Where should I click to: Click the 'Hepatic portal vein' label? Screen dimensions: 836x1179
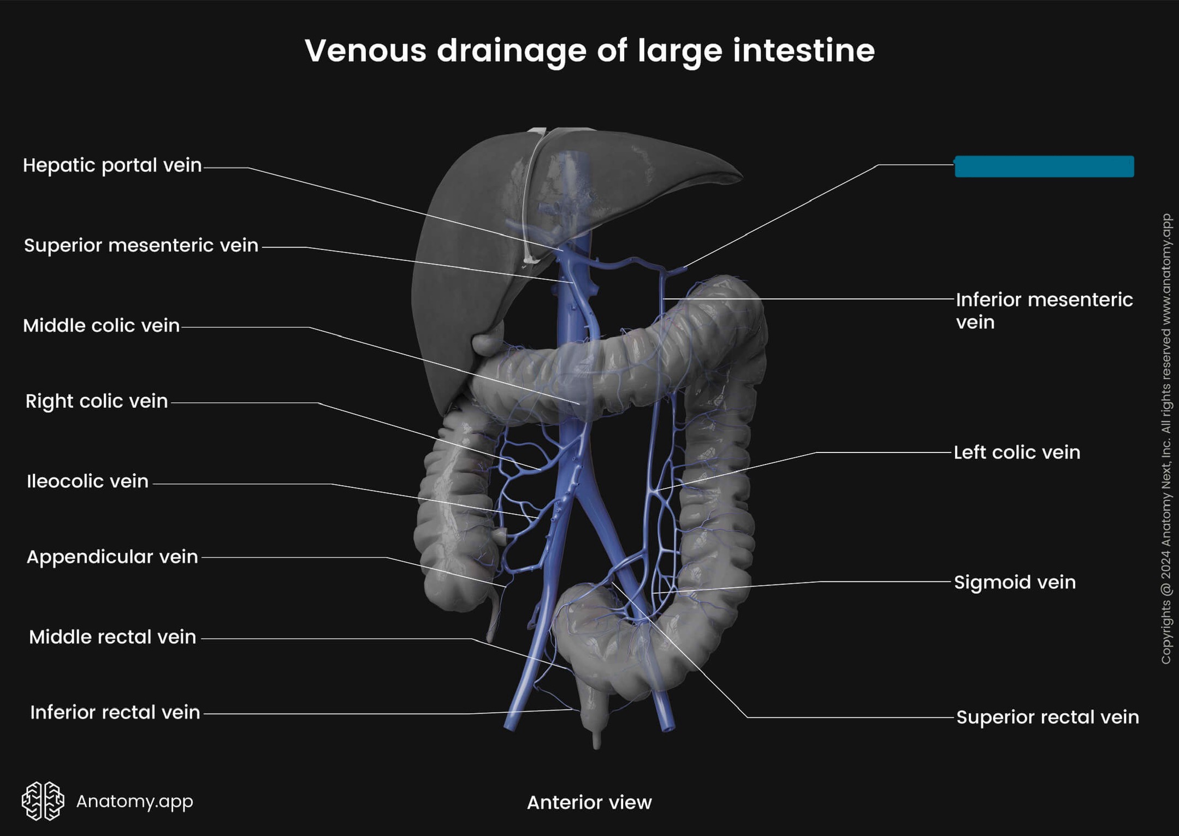tap(112, 165)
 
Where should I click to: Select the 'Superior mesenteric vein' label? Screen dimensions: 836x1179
tap(141, 246)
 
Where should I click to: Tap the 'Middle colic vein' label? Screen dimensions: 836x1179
tap(101, 326)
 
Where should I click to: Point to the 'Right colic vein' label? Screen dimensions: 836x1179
tap(97, 401)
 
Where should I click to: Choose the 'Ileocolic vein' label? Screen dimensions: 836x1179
tap(87, 481)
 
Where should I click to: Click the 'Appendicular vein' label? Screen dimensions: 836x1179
tap(112, 557)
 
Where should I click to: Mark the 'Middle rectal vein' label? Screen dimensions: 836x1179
tap(112, 637)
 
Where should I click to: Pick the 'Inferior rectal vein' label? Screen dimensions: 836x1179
tap(115, 712)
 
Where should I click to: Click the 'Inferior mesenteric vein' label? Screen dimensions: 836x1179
tap(1044, 310)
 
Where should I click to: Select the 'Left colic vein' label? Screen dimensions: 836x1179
tap(1017, 452)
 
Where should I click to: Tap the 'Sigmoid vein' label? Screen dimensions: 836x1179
tap(1015, 582)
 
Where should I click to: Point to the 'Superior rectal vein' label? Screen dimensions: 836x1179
tap(1047, 717)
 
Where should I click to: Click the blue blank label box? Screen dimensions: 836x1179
tap(1044, 166)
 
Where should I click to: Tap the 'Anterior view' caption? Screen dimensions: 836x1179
tap(589, 802)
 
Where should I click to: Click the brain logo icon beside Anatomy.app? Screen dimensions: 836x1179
tap(43, 801)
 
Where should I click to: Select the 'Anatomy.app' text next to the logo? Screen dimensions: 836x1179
tap(134, 801)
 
